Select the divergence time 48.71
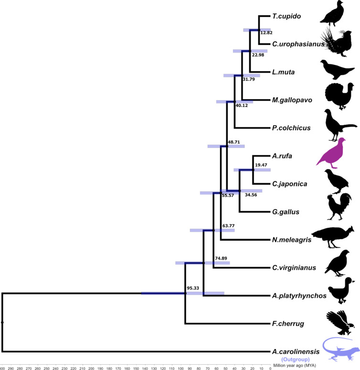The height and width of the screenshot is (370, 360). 234,142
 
